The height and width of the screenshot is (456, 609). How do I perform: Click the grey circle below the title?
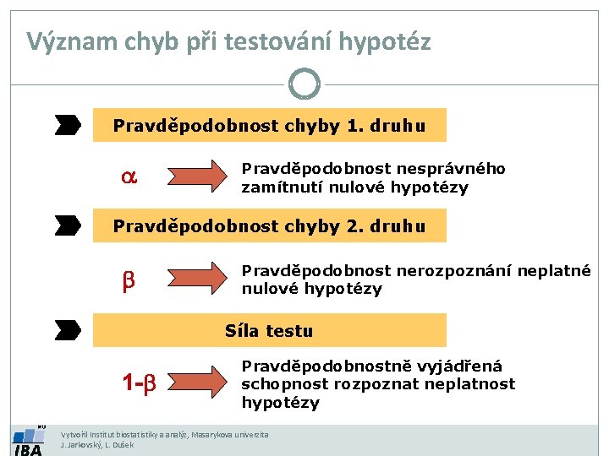tap(304, 84)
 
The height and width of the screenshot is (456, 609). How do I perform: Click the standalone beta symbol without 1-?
tap(129, 279)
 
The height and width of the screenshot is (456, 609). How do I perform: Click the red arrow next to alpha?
tap(199, 176)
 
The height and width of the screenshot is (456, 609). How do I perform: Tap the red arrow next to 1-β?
tap(199, 383)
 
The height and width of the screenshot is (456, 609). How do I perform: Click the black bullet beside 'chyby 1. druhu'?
tap(68, 126)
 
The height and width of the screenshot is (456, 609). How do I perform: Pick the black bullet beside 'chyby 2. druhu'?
tap(68, 225)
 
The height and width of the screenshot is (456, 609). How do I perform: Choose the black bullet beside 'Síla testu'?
tap(68, 328)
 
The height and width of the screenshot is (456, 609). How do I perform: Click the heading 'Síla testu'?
tap(269, 331)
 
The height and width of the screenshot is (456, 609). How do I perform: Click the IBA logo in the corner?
tap(27, 440)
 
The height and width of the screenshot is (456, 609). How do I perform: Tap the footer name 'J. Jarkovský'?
tap(81, 444)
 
